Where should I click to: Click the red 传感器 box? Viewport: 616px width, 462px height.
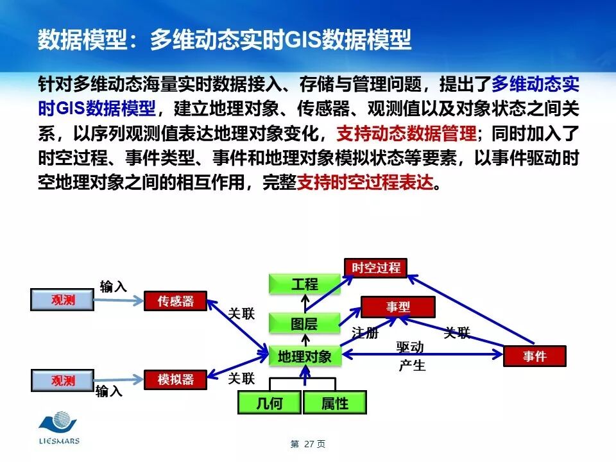175,300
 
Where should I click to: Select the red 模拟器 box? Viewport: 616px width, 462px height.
175,379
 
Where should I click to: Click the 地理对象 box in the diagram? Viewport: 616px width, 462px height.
305,356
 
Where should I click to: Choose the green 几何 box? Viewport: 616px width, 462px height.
269,403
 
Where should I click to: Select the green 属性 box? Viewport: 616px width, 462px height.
334,403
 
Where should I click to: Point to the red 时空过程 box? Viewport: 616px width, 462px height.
375,268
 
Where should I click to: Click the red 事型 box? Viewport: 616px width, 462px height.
398,307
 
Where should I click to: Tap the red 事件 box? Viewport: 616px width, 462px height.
535,356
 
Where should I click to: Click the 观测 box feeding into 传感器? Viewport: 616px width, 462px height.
63,300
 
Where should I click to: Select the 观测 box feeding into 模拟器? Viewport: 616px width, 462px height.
63,381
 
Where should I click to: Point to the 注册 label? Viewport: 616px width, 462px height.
364,333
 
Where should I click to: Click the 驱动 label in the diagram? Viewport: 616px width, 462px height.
410,348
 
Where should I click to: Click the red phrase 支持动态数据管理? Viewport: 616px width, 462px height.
406,133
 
